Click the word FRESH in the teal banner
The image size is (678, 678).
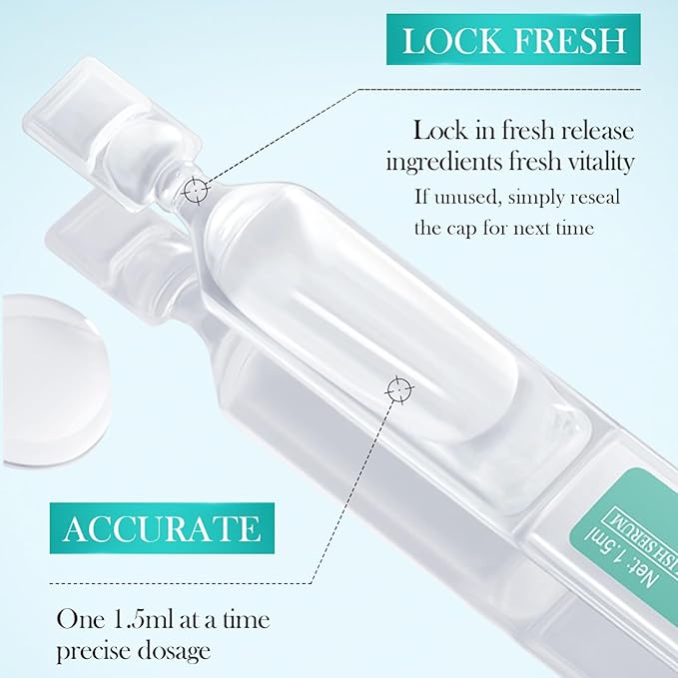click(570, 41)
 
